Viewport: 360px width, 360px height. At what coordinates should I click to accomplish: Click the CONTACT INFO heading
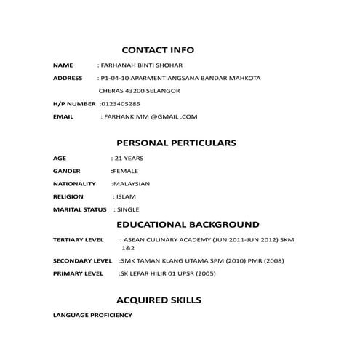coord(158,50)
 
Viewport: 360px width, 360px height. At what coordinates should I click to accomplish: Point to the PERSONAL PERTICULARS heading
coord(176,143)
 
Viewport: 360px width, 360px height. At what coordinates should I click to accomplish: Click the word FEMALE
coord(125,171)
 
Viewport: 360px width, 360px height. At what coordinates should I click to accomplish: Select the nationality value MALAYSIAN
coord(131,184)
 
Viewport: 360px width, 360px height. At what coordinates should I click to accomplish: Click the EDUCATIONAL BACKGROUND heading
coord(188,224)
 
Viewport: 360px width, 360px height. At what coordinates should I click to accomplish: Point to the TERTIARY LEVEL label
coord(79,239)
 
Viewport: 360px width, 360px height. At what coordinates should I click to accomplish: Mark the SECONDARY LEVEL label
coord(82,260)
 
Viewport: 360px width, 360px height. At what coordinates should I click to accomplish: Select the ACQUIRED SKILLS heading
coord(159,300)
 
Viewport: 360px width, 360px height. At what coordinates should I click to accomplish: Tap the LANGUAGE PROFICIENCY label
coord(93,315)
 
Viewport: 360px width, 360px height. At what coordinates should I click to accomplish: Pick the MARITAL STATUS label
coord(80,209)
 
